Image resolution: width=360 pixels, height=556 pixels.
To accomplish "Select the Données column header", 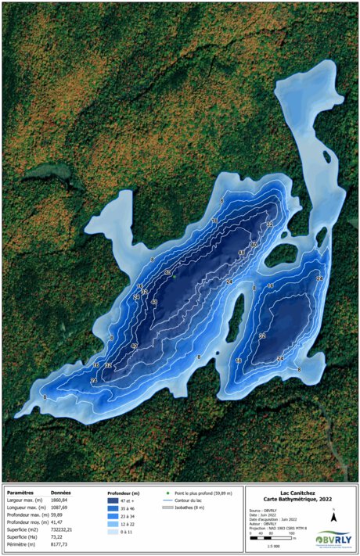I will (x=62, y=493).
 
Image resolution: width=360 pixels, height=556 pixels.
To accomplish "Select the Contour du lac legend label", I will (x=193, y=500).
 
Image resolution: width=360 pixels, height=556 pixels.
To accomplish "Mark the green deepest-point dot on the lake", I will (x=174, y=276).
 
